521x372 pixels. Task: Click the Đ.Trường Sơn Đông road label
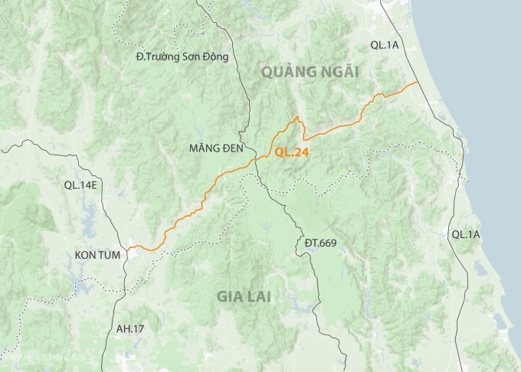182,56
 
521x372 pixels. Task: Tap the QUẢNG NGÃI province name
310,72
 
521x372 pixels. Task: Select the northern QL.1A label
385,45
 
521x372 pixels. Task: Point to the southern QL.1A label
466,234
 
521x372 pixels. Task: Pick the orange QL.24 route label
292,152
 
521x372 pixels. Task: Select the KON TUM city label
98,254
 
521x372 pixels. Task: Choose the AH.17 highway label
129,329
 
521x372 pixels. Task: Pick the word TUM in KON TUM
110,254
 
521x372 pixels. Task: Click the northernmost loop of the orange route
297,118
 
